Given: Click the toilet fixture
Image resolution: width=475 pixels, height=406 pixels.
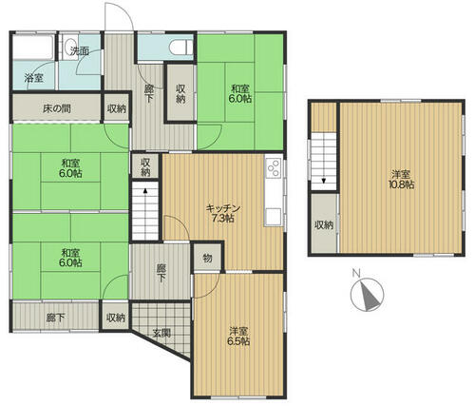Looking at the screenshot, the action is [181, 48].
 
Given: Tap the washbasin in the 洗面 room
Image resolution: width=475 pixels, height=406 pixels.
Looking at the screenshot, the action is [69, 47].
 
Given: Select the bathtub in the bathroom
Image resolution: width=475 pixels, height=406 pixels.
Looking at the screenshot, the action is [32, 48].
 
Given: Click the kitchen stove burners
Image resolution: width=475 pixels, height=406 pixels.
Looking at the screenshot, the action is [274, 168].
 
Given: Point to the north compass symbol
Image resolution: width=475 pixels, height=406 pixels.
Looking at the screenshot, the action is [367, 294].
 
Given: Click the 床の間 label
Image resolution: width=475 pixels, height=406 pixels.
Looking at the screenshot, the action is [57, 108].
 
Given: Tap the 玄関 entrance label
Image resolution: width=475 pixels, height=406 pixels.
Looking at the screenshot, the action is [161, 333].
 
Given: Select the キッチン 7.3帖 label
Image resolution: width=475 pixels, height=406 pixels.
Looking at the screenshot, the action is [223, 213].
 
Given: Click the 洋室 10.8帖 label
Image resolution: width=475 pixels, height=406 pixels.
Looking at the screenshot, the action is [401, 179].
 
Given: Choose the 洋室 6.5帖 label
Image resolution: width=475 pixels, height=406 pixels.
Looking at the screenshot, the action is [238, 337].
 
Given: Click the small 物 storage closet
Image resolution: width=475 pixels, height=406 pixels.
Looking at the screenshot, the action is [207, 258].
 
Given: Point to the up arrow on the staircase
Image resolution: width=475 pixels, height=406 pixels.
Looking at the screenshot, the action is [145, 191].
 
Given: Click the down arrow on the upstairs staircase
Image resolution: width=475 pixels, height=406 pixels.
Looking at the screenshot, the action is [324, 181].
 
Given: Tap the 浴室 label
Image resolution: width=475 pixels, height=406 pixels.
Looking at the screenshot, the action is [34, 78].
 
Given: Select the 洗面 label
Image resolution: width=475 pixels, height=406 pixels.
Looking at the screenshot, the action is [80, 50].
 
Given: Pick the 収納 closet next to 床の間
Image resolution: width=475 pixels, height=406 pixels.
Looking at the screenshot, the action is [117, 108].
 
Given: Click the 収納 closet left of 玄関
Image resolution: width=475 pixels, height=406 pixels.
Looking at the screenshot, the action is [116, 317].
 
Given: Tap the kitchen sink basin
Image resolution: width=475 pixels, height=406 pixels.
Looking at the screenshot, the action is [274, 216].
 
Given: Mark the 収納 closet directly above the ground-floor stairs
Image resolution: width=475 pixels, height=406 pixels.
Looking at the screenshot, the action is [145, 167].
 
